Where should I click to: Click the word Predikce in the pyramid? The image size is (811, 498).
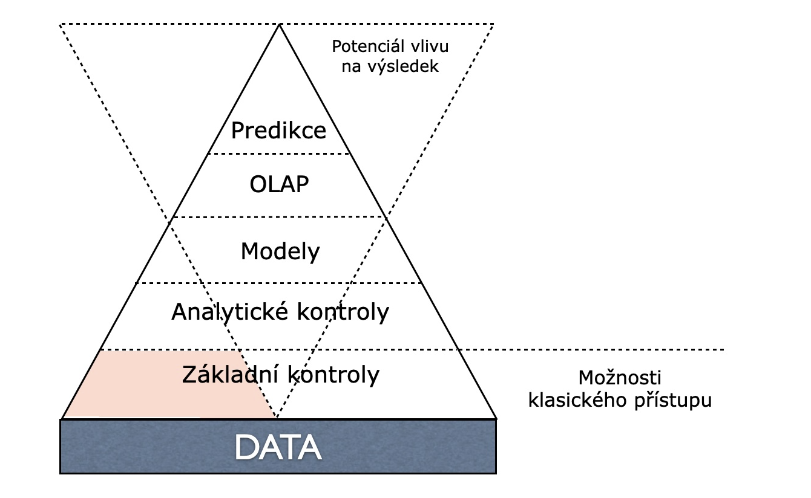tap(278, 130)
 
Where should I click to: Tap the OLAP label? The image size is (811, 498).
tap(279, 184)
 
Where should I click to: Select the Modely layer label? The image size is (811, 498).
tap(280, 251)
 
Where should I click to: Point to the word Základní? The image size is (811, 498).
tap(230, 374)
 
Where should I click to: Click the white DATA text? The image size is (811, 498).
tap(278, 447)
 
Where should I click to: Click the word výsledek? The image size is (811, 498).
tap(403, 67)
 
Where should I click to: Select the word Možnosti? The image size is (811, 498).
tap(620, 378)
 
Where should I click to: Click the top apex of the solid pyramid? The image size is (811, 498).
tap(279, 25)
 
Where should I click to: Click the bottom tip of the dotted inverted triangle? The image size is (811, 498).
tap(277, 417)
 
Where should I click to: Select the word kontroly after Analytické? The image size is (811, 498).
tap(343, 311)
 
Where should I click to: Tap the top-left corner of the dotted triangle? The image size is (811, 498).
tap(60, 24)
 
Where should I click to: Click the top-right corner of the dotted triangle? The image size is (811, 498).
tap(493, 24)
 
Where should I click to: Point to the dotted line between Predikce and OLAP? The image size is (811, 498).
tap(279, 154)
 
